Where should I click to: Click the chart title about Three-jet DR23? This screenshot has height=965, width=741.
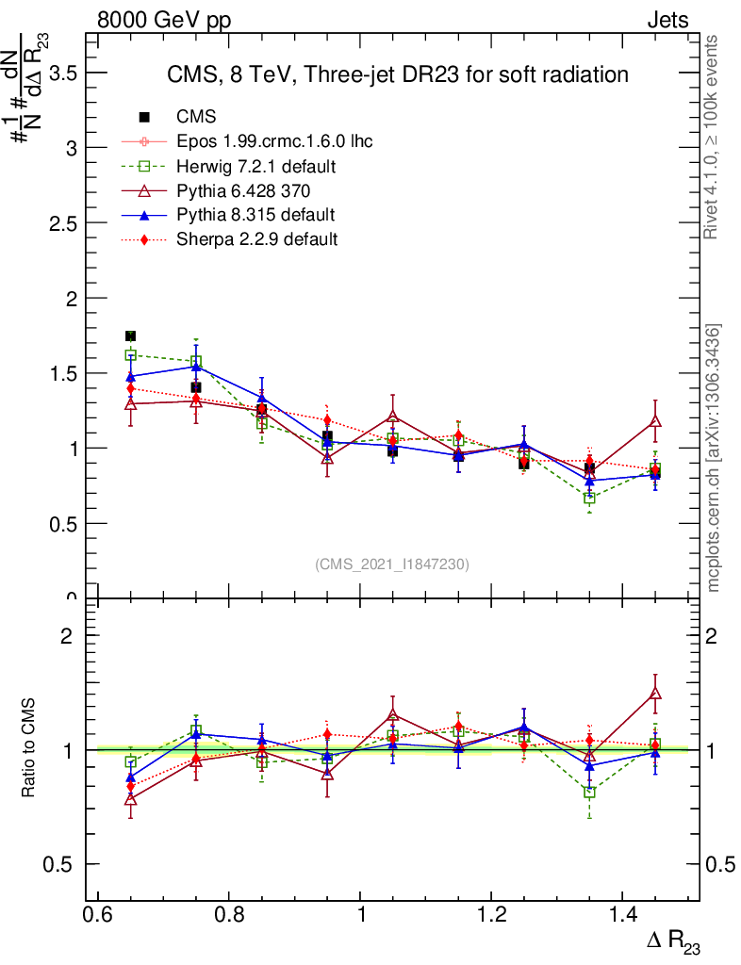point(397,74)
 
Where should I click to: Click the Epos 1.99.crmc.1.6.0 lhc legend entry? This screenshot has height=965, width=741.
point(274,141)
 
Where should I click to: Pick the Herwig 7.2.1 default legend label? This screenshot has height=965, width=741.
point(256,166)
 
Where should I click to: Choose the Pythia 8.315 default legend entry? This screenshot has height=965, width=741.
point(255,215)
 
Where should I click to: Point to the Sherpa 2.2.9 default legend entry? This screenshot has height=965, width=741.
point(256,239)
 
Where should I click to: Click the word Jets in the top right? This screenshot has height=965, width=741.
point(667,20)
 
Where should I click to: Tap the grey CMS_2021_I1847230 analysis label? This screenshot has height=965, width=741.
point(392,564)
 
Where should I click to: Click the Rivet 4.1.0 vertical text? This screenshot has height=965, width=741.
point(713,138)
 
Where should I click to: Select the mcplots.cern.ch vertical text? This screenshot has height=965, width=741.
point(714,457)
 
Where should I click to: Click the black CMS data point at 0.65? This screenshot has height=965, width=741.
point(131,336)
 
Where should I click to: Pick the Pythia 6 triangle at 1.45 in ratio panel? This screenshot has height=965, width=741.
point(655,694)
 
